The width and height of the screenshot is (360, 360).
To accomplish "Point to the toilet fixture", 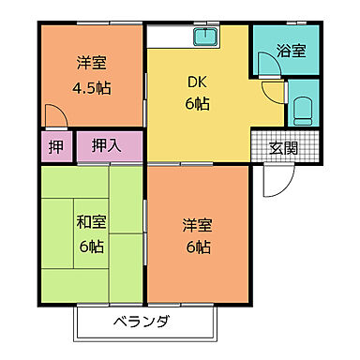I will (302, 109).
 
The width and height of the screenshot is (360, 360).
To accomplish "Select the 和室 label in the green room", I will (90, 222).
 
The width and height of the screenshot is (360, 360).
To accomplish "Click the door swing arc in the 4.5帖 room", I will (56, 114).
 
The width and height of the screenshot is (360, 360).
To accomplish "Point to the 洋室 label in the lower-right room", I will (198, 225).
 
